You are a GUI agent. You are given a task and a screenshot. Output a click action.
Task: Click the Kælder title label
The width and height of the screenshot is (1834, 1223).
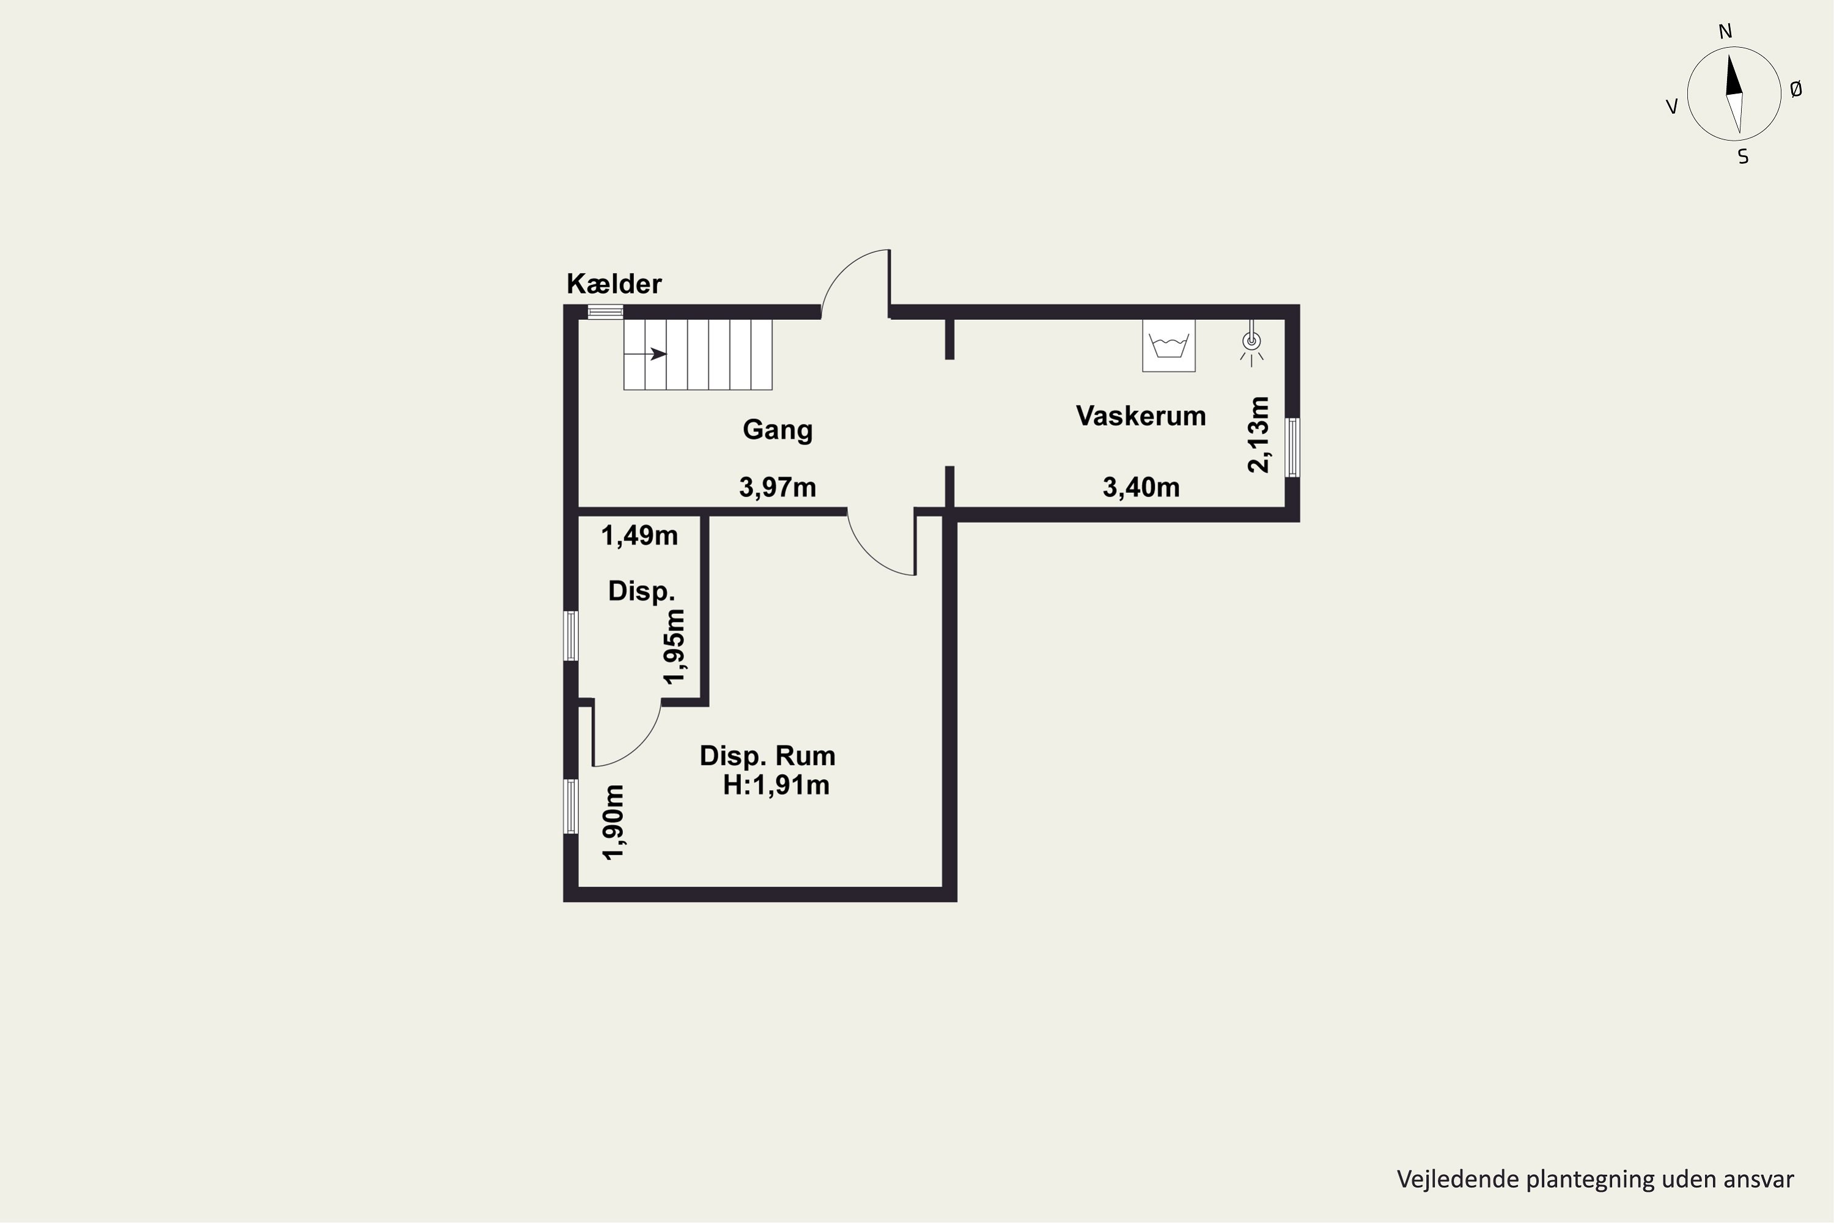tap(614, 284)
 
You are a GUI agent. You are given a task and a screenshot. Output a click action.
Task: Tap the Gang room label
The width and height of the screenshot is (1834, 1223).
tap(778, 430)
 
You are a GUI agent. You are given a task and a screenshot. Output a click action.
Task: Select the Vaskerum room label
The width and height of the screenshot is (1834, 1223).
tap(1141, 416)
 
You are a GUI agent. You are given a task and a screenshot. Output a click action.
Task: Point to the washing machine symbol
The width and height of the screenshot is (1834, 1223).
tap(1169, 345)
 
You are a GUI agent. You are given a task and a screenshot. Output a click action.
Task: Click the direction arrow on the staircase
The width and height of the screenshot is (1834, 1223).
tap(646, 354)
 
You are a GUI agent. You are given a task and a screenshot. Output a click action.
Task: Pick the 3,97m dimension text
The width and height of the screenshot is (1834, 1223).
tap(778, 487)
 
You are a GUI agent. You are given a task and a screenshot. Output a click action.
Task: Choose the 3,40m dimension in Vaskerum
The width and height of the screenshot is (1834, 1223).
tap(1141, 487)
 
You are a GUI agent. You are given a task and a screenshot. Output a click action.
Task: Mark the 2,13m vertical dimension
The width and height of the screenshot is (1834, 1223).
tap(1259, 434)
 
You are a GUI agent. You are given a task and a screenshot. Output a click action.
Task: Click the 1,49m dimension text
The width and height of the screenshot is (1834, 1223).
tap(639, 536)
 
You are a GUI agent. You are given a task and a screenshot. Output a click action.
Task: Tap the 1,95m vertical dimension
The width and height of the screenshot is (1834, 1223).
tap(674, 646)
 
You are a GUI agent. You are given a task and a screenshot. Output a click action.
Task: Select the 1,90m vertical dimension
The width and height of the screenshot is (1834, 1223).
tap(614, 822)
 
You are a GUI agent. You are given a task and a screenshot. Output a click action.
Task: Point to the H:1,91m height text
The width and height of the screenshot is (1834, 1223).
tap(776, 785)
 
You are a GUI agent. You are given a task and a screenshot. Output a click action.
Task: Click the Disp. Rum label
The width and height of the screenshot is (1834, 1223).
tap(767, 756)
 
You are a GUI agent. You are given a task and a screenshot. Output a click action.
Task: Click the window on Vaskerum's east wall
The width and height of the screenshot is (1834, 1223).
tap(1292, 447)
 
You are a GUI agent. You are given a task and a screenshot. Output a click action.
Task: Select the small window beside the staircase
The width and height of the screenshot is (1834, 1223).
tap(605, 312)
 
